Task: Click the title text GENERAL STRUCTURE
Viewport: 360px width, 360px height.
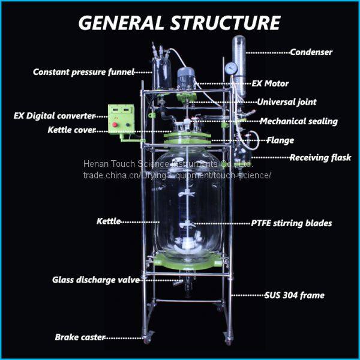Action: coord(179,22)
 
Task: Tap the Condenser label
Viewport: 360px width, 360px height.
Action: coord(311,52)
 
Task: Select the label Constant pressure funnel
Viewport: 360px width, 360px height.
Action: coord(83,72)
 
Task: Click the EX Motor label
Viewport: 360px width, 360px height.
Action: coord(269,83)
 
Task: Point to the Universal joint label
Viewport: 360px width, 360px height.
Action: coord(287,102)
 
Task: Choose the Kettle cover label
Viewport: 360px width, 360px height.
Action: coord(71,130)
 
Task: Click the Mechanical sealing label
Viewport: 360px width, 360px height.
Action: coord(298,121)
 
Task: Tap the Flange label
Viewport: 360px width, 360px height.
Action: coord(280,140)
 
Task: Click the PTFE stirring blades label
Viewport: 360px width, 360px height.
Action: coord(291,223)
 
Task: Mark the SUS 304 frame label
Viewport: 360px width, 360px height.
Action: coord(295,295)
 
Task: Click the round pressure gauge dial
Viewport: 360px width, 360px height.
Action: coord(229,68)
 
